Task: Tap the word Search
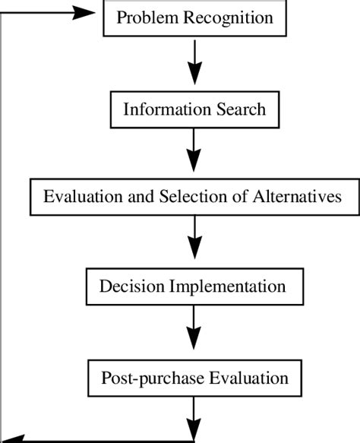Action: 239,109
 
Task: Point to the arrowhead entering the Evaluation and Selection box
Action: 195,163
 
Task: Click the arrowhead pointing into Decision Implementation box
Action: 195,252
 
